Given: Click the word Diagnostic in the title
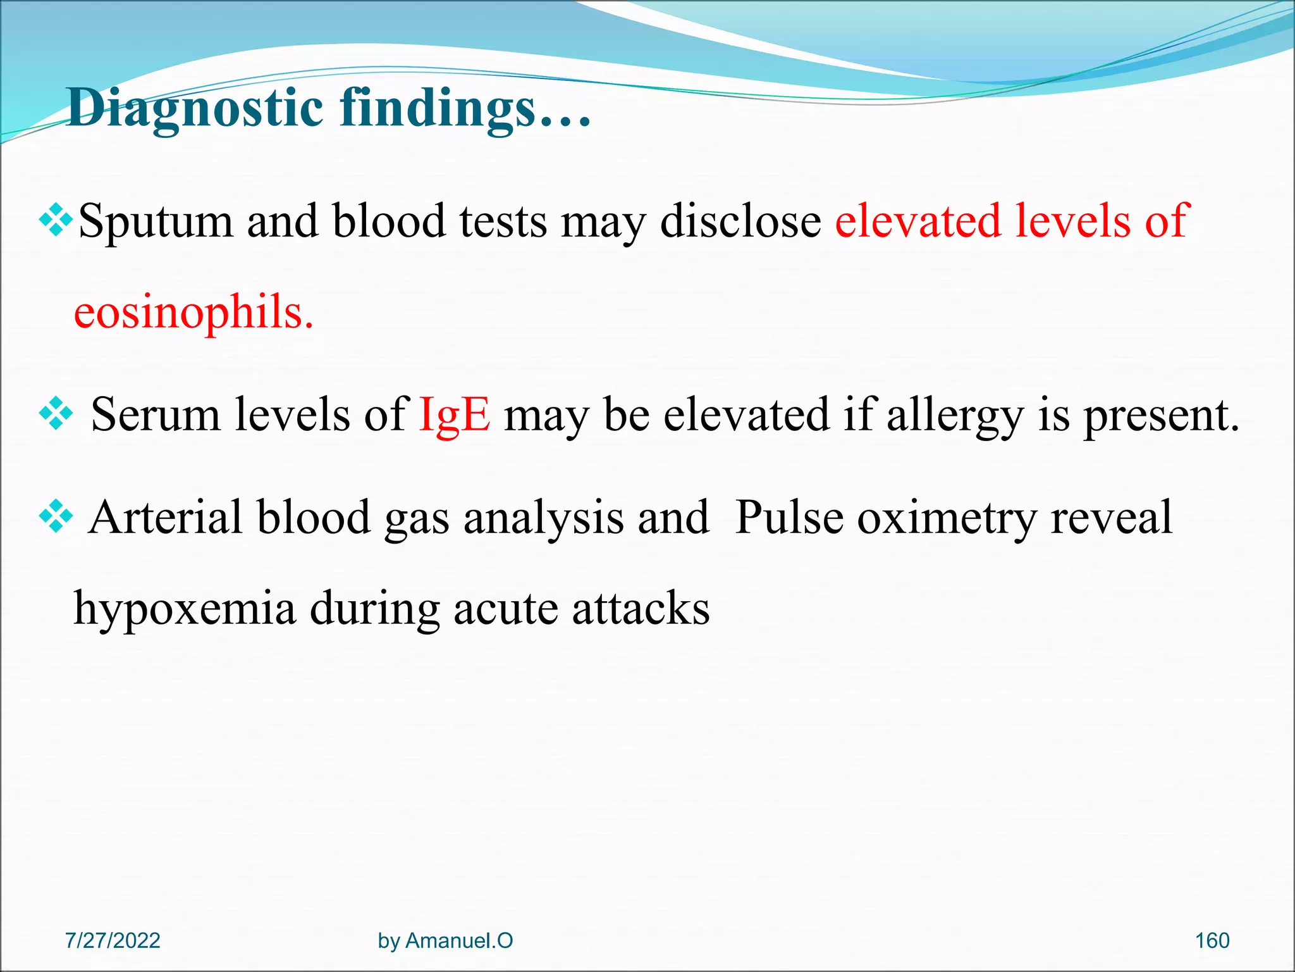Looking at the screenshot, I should [195, 108].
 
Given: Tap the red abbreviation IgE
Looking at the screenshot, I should [454, 414].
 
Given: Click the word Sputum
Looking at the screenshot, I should [156, 221].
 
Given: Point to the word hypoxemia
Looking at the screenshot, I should [184, 608].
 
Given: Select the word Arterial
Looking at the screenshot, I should [166, 518].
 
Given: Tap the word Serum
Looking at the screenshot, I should [155, 414].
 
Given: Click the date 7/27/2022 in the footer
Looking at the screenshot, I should [113, 940].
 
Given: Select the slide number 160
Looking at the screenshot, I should [1212, 940].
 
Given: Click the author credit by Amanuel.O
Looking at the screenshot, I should [445, 940].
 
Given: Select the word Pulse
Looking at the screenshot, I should [789, 518].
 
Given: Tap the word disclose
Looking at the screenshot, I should [740, 221].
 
